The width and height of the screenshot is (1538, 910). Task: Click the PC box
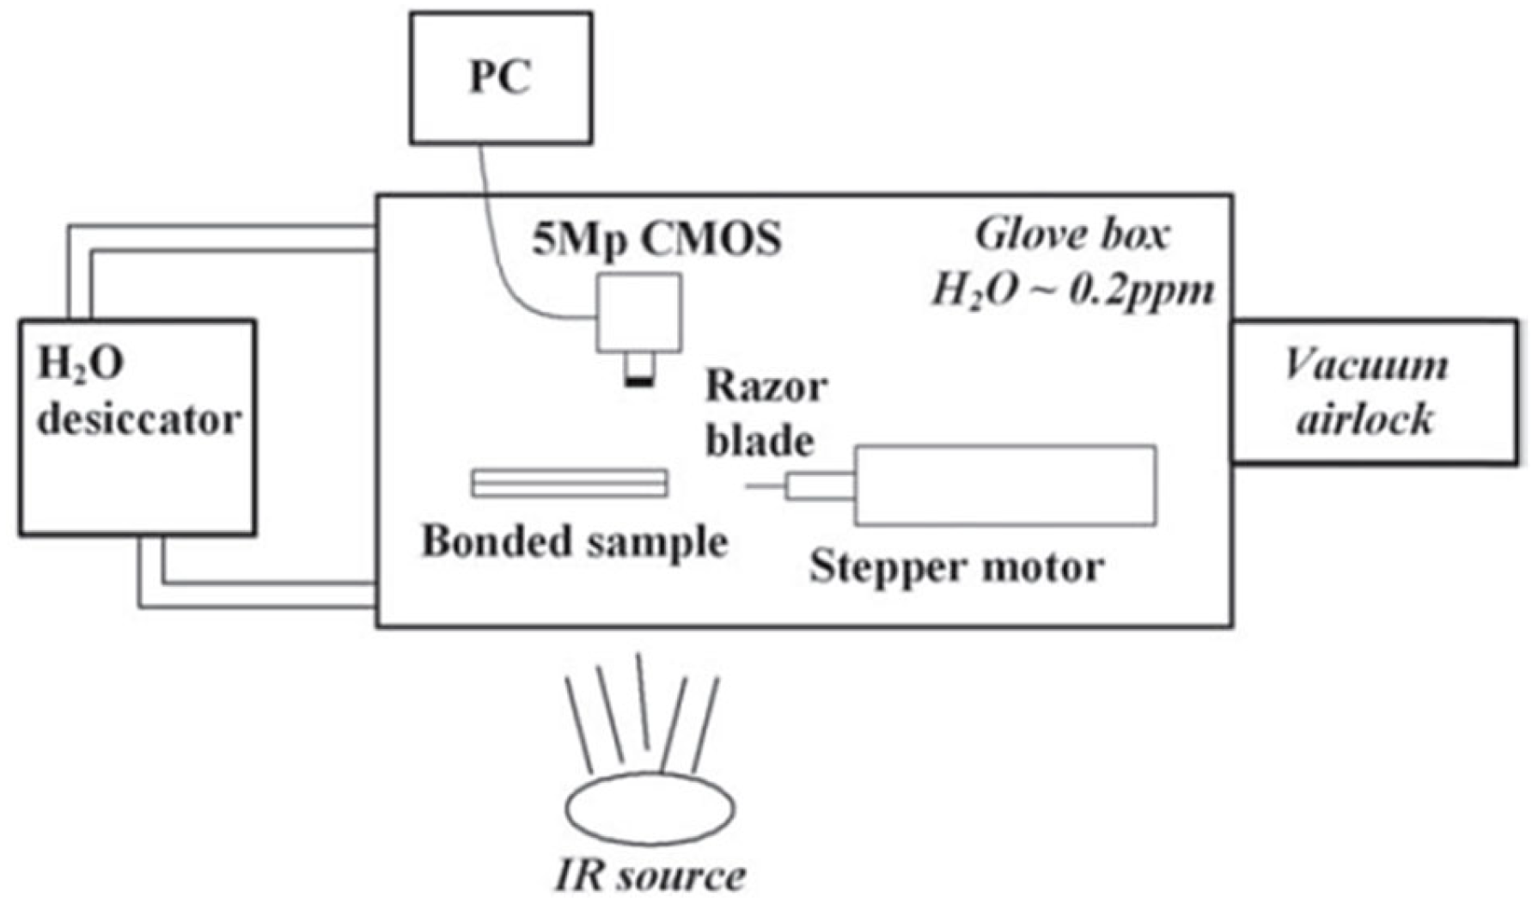point(501,77)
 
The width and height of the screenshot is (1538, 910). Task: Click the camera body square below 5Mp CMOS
point(640,312)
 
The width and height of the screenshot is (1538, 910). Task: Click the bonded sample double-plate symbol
point(570,483)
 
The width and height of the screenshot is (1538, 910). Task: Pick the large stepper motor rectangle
point(1005,486)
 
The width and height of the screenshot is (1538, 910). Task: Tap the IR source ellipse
point(650,809)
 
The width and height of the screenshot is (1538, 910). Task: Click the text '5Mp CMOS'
point(657,239)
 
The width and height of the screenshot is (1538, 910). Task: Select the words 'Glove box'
point(1072,235)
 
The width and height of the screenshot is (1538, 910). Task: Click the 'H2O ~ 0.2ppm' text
point(1072,290)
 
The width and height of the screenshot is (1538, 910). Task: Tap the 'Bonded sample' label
point(574,541)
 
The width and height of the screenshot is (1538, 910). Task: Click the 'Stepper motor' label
point(955,567)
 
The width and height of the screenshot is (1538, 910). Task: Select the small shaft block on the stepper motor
point(821,487)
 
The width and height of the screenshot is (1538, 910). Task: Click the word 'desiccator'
point(138,420)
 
